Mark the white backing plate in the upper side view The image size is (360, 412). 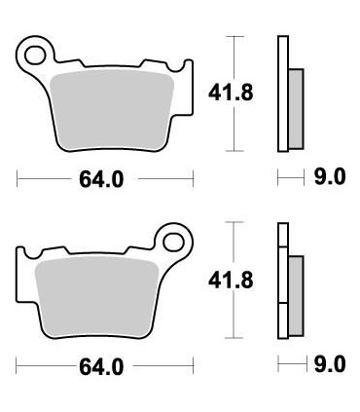tap(283, 94)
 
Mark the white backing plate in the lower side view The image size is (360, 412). tap(283, 282)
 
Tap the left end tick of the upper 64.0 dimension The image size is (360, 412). tap(18, 180)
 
